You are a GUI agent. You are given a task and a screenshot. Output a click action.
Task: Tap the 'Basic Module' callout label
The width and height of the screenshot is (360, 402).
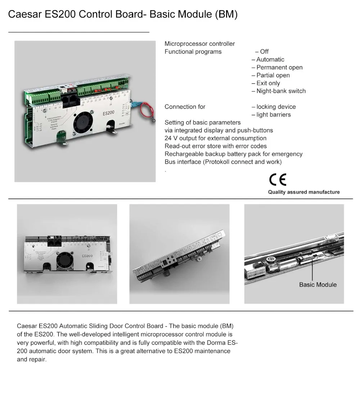(318, 285)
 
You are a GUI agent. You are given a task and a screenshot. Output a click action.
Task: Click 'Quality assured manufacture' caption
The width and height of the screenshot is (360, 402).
(304, 192)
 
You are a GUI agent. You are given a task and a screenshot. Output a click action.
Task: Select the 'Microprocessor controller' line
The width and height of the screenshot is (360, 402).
(199, 44)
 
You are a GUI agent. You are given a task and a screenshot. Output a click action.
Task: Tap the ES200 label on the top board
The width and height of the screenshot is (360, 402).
(108, 113)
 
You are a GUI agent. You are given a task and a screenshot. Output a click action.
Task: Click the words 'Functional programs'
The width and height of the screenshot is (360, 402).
(193, 52)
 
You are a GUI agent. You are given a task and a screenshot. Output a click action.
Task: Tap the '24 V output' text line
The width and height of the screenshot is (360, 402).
(215, 139)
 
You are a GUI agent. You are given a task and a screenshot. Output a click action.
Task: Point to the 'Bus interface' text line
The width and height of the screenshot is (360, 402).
(223, 162)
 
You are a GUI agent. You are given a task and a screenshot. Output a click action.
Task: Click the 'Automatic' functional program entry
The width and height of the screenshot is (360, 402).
(270, 60)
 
